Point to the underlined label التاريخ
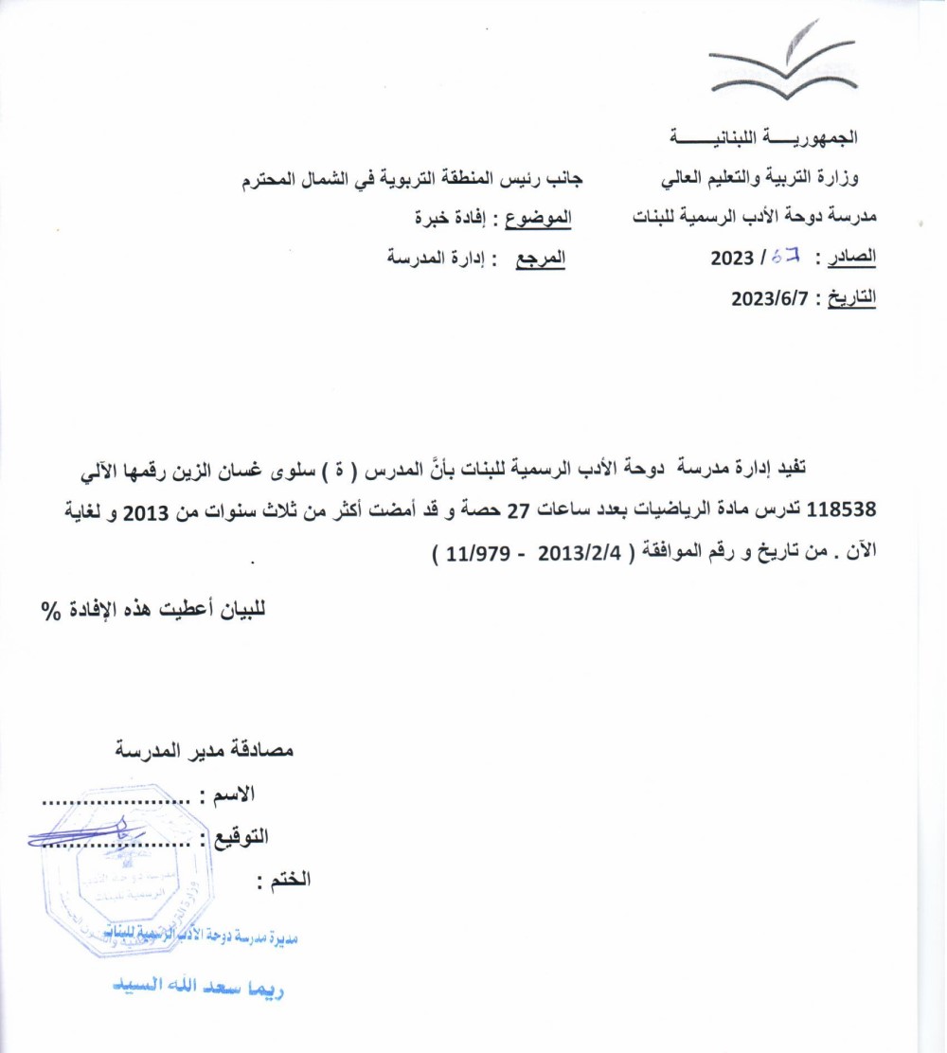[x=852, y=298]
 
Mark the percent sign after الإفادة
[x=49, y=610]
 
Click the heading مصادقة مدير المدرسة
[x=204, y=750]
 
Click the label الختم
[x=284, y=880]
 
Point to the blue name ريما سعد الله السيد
[x=199, y=990]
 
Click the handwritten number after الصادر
[x=786, y=257]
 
